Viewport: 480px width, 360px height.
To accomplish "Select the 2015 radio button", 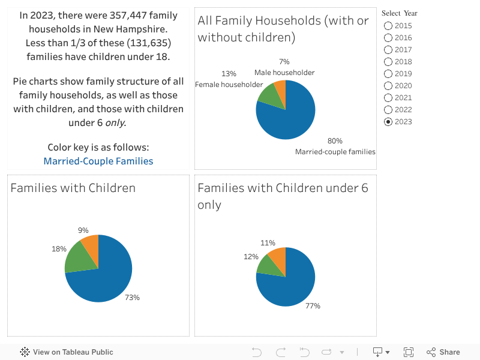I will pos(388,26).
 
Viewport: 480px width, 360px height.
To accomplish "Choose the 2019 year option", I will pos(388,74).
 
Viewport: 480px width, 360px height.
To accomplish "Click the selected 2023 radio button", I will pos(388,122).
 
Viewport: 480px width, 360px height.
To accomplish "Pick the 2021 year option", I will pos(388,98).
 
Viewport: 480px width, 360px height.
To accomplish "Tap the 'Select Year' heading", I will pos(399,13).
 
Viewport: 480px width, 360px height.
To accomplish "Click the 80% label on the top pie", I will pos(335,141).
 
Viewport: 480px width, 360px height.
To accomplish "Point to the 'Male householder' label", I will pos(284,73).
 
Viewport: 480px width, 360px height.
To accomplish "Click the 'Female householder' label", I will pos(229,85).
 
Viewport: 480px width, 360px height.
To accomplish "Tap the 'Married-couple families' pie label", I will pos(335,152).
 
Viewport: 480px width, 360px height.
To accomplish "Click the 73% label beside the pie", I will pos(132,298).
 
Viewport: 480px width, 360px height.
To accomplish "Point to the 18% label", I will pos(59,249).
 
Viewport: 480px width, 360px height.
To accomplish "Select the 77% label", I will pos(313,306).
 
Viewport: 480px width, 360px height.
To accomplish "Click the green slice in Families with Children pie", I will pos(79,257).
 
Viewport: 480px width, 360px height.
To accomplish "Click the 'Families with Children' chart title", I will pos(73,188).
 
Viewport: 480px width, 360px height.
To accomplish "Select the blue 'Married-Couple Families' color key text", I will pos(98,161).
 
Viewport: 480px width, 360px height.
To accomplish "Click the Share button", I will pos(443,352).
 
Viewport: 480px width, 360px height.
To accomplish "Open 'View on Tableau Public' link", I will pos(67,352).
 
